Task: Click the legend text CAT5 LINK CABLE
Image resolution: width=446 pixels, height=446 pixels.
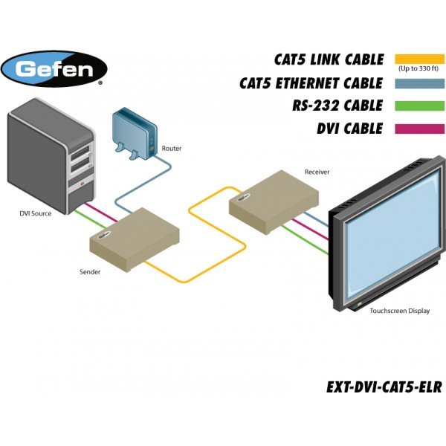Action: pos(328,59)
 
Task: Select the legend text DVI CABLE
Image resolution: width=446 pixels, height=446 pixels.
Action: pos(349,129)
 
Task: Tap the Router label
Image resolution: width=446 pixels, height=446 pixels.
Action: pos(171,149)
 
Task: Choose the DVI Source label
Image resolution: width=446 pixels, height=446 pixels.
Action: pos(36,214)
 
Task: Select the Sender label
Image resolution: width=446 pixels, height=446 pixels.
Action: pos(90,272)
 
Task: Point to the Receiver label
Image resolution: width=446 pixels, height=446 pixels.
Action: pos(317,172)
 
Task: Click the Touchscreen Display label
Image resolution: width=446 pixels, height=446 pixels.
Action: pos(400,311)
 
